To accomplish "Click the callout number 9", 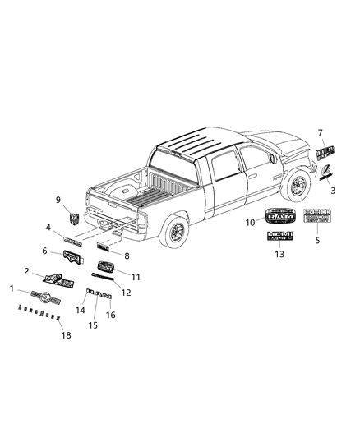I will [58, 200].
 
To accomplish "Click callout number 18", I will [61, 334].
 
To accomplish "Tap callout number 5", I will [318, 241].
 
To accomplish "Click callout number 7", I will [321, 131].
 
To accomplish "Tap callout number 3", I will [332, 190].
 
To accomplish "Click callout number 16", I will [112, 314].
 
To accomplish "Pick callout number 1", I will [12, 288].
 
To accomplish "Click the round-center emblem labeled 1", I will [41, 294].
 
